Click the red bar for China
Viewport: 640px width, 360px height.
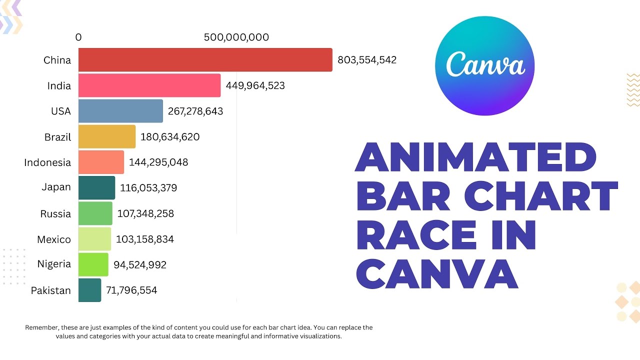205,60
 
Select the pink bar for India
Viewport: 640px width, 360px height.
149,85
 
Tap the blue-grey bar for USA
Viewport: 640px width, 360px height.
120,111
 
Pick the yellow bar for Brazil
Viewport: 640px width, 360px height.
106,136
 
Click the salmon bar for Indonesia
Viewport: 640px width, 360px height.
101,162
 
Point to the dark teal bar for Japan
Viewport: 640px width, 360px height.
96,188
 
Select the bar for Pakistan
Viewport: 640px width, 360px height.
89,290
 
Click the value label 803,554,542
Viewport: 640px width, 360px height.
367,60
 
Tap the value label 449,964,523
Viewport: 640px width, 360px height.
255,85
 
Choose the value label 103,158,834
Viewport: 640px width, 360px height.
144,239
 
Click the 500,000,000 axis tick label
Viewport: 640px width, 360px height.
236,37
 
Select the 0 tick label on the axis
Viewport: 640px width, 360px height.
78,37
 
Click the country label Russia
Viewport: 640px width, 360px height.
55,214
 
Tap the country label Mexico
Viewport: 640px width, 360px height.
54,239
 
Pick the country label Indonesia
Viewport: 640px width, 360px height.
47,162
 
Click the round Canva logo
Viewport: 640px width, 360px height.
484,66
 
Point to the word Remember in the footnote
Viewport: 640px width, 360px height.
41,327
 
